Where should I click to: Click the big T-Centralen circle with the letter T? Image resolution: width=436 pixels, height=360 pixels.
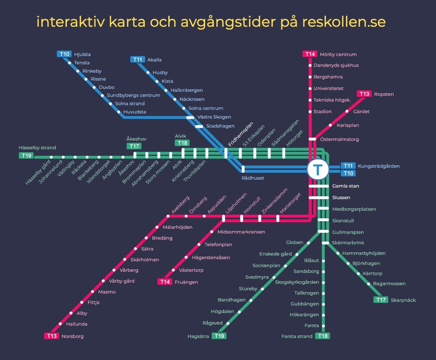click(x=318, y=169)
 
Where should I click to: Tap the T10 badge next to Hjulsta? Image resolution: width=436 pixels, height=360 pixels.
click(x=64, y=54)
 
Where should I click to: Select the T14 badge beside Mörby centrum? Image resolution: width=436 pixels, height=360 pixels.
click(x=310, y=54)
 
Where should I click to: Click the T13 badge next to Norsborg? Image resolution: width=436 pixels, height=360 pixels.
click(x=52, y=336)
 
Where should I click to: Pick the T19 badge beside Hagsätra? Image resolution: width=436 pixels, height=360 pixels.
click(x=219, y=336)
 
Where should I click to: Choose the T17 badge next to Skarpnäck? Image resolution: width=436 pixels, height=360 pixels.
click(x=381, y=300)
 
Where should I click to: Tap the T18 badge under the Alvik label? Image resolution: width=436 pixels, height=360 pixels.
click(x=182, y=143)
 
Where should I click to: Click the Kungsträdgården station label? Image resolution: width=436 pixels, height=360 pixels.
click(x=378, y=166)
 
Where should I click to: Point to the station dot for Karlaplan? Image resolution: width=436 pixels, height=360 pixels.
click(x=330, y=125)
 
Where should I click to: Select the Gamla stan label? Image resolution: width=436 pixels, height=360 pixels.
click(x=346, y=186)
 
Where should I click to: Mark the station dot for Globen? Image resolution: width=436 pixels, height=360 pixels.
click(x=308, y=243)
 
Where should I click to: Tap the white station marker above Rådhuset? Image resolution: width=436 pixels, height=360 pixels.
click(x=243, y=169)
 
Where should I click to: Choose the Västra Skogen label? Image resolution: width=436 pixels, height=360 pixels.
click(x=214, y=117)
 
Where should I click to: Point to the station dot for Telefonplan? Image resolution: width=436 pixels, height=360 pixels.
click(x=199, y=245)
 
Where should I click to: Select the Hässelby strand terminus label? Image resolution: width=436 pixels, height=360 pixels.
click(x=37, y=147)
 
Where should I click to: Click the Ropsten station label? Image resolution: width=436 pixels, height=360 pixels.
click(x=384, y=94)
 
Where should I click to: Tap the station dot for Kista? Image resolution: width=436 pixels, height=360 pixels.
click(x=157, y=81)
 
